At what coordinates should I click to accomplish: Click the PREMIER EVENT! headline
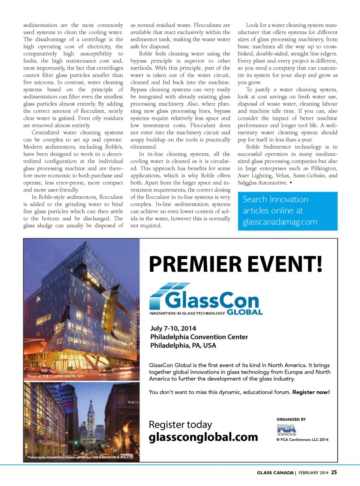(235, 264)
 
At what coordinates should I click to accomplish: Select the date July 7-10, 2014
(173, 328)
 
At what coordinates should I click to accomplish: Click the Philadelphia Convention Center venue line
(199, 337)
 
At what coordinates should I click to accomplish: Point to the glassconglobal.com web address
(203, 437)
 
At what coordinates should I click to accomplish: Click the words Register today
(180, 425)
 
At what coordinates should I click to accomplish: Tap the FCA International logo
(287, 430)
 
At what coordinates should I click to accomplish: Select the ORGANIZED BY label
(291, 419)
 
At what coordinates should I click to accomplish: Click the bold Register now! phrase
(311, 392)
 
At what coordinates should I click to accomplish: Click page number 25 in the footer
(334, 473)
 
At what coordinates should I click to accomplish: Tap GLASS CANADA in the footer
(275, 473)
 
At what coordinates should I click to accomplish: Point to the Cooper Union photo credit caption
(56, 376)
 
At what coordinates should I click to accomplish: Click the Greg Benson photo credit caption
(80, 457)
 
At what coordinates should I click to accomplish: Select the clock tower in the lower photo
(91, 415)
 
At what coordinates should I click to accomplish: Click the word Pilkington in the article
(324, 168)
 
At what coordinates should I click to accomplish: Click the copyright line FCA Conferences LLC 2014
(302, 440)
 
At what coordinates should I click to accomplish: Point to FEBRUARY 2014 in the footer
(313, 473)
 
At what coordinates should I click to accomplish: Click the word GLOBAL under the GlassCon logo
(245, 312)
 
